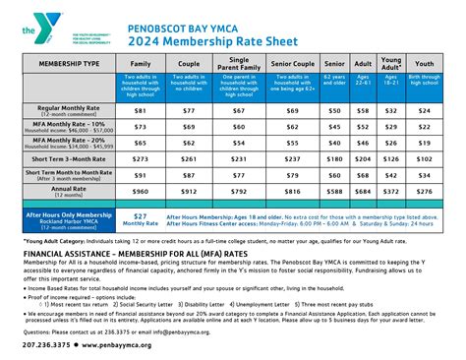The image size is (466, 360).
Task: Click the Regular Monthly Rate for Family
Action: tap(140, 111)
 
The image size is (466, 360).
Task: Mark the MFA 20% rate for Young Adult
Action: tap(391, 141)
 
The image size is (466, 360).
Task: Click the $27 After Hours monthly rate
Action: tap(141, 218)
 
